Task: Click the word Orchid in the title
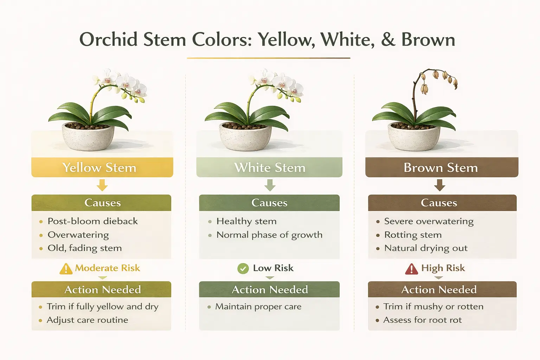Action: tap(108, 39)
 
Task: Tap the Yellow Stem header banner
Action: tap(102, 167)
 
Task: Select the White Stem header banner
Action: tap(269, 167)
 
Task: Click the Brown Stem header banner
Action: tap(441, 167)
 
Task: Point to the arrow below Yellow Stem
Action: tap(102, 185)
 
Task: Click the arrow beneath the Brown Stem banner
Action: tap(439, 185)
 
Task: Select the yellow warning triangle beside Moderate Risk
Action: tap(66, 269)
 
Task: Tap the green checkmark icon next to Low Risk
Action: tap(243, 269)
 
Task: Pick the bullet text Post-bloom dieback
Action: tap(92, 221)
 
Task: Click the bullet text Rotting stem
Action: tap(413, 234)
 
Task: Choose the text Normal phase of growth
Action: tap(269, 235)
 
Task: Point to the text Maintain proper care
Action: tap(258, 307)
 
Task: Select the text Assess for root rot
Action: tap(422, 320)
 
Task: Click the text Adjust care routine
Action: tap(87, 320)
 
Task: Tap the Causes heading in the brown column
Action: tap(439, 203)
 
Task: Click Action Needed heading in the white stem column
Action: tap(270, 290)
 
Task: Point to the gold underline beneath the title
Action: tap(269, 58)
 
